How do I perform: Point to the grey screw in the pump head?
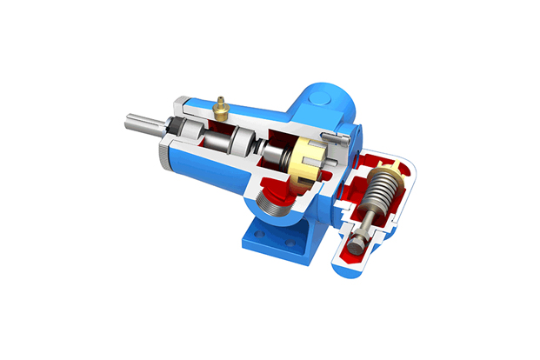(x=331, y=136)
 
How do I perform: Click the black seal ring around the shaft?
(x=188, y=130)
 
